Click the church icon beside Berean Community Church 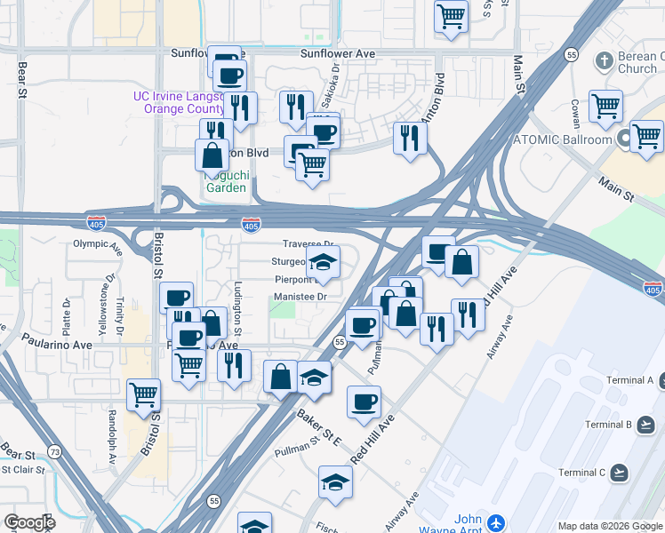click(x=605, y=61)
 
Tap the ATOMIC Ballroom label click(x=563, y=139)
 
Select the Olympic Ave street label click(x=96, y=243)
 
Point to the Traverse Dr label click(x=308, y=243)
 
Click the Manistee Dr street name click(x=300, y=296)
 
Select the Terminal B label click(x=608, y=425)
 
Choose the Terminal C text click(x=608, y=472)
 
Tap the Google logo click(x=28, y=522)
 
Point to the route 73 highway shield click(x=55, y=452)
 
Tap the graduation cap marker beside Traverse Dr click(x=323, y=262)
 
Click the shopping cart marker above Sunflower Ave click(x=452, y=15)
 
